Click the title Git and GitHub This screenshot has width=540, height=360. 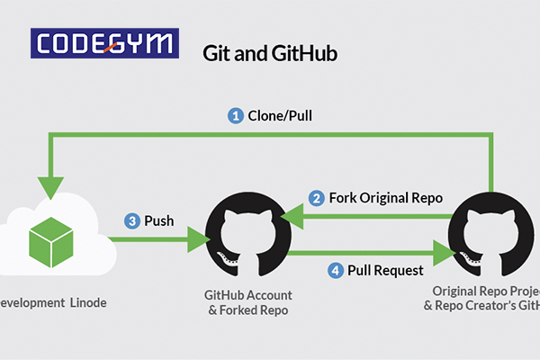271,51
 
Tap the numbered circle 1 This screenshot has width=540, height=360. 237,115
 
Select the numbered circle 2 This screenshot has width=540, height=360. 317,197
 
